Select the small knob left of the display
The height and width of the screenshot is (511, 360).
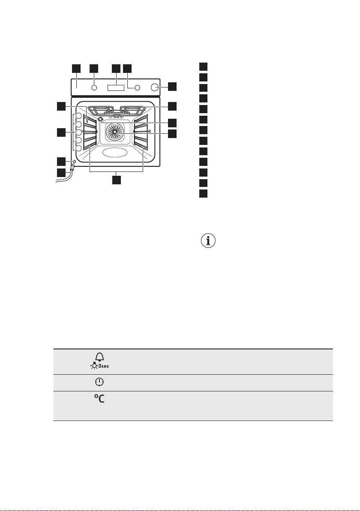point(94,88)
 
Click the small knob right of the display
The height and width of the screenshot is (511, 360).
point(138,88)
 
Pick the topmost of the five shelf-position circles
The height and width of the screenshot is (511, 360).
point(78,117)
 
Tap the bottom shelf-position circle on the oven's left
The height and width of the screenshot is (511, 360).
point(78,148)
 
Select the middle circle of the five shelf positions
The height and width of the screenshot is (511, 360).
point(78,132)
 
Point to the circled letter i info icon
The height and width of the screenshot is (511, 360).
point(209,241)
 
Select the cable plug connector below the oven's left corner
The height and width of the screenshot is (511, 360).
point(72,168)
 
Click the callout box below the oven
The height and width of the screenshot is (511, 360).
point(116,180)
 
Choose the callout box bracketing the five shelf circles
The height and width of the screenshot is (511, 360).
point(62,132)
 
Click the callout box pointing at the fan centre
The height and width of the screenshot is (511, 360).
point(172,134)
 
